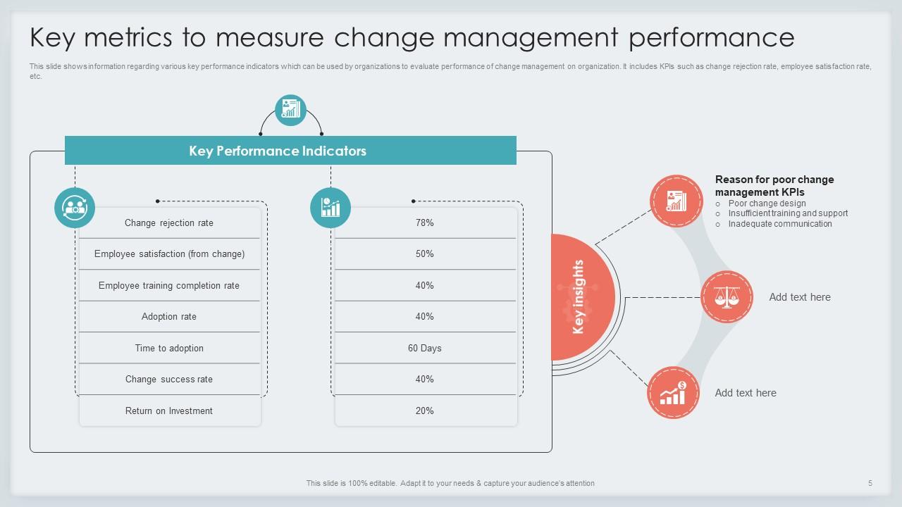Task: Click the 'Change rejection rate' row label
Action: point(169,223)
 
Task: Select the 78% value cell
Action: point(425,223)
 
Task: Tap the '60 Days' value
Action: point(425,348)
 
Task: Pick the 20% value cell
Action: point(425,411)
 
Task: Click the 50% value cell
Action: point(425,254)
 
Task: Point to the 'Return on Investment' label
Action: point(169,411)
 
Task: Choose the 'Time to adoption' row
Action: point(169,348)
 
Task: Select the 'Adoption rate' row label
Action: point(169,317)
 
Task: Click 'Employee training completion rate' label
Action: point(169,286)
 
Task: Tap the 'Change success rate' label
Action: point(169,380)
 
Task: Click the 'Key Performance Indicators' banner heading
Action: point(278,151)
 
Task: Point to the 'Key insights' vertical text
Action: point(579,297)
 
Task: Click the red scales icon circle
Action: point(727,297)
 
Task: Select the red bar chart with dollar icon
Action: point(674,393)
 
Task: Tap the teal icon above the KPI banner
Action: point(290,110)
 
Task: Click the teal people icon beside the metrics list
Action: point(75,208)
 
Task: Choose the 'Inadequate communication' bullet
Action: point(780,224)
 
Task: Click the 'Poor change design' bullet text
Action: point(767,204)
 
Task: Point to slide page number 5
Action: point(870,483)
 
